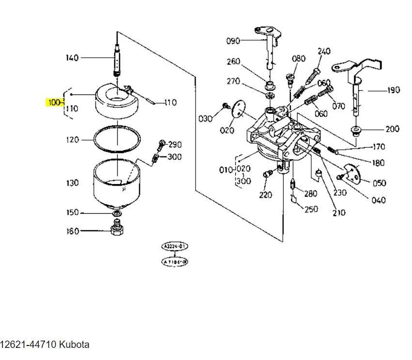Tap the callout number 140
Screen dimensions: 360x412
pos(72,58)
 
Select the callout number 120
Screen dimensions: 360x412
pos(72,140)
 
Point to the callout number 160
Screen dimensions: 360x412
pos(72,232)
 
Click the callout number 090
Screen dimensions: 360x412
pos(233,41)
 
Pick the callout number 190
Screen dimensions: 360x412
pos(393,90)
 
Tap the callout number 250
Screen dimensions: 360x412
pos(312,209)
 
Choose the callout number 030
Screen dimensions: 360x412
pos(206,118)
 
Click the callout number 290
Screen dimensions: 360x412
pos(174,144)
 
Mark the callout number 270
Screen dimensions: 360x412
pos(233,81)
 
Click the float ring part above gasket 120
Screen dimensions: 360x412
pos(116,102)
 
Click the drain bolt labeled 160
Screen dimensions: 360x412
pos(116,228)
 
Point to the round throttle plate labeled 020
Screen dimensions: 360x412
pos(237,108)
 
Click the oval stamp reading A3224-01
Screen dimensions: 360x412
pos(174,247)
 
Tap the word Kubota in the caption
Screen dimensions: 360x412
pos(74,345)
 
